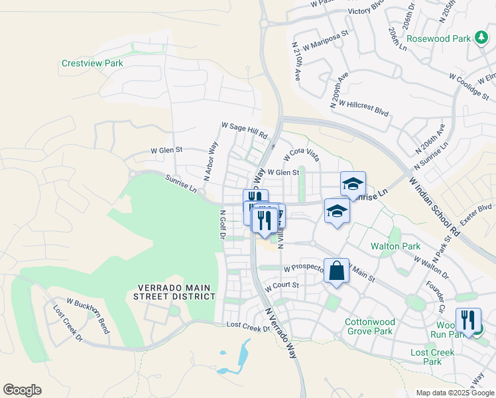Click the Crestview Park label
point(92,64)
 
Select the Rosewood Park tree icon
point(483,38)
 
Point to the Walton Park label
point(395,246)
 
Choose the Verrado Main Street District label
point(176,292)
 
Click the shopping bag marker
point(336,271)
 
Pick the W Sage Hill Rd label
point(244,129)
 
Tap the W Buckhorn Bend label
point(87,315)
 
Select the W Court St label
point(282,287)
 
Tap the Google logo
point(22,390)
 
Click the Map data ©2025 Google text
point(454,393)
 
